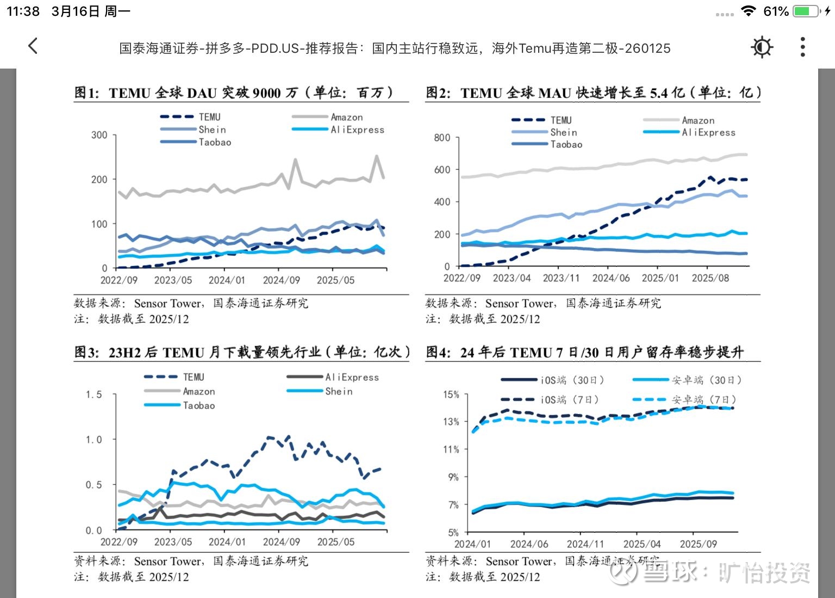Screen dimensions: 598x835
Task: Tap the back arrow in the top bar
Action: coord(33,46)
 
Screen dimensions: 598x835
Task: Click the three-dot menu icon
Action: coord(802,47)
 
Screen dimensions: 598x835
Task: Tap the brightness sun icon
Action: coord(762,47)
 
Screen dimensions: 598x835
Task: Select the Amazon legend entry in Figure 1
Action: coord(346,117)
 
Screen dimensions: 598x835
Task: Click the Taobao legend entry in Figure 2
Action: coord(566,144)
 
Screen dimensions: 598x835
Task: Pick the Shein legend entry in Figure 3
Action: coord(339,391)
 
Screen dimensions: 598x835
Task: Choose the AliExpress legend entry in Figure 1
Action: coord(357,130)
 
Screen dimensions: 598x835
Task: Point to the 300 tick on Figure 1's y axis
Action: coord(99,135)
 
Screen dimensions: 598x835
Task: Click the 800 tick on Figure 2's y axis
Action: coord(442,138)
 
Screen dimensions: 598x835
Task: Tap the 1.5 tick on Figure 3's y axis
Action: coord(94,394)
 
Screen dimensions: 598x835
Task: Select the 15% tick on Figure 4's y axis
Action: coord(451,394)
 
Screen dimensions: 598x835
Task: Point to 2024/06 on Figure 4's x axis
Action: coord(529,544)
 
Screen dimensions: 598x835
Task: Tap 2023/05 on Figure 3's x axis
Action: coord(173,542)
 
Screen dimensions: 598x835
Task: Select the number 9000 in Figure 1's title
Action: coord(267,93)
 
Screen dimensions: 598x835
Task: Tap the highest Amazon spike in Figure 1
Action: coord(376,157)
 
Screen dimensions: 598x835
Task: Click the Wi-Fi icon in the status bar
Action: coord(749,11)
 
